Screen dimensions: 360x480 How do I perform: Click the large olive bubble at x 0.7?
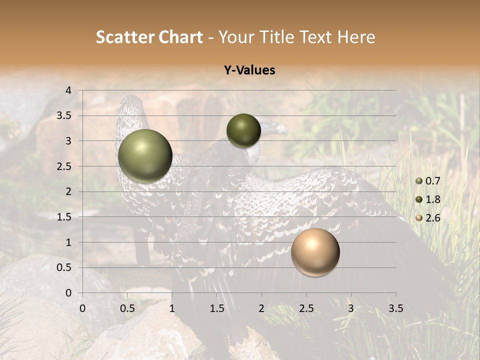pos(145,156)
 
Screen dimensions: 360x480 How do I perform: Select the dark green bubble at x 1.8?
pos(243,130)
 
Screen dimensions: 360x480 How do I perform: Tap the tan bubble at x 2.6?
pos(315,252)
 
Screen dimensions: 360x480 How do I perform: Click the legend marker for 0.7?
pos(419,180)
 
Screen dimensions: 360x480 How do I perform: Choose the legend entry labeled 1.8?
pos(432,199)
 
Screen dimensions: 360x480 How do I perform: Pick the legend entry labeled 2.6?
pos(432,218)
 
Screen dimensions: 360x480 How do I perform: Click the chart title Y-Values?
pos(249,70)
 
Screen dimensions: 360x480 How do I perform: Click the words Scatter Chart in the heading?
pos(149,37)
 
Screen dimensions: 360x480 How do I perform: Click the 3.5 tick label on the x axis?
pos(395,308)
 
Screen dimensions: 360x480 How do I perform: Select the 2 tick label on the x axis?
pos(261,308)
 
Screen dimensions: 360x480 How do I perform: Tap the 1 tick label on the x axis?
pos(172,308)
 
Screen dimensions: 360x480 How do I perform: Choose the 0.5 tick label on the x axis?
pos(127,308)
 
